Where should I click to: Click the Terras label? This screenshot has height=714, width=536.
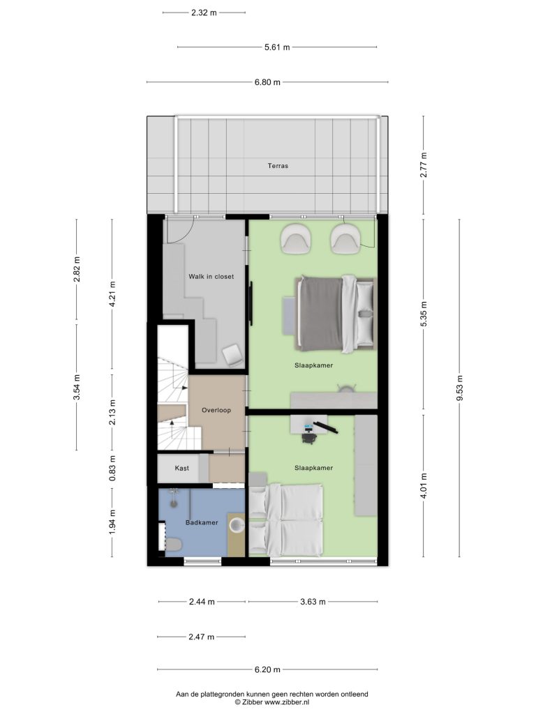tap(278, 166)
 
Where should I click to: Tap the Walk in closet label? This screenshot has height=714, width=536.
tap(211, 276)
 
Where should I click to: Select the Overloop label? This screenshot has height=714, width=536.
tap(216, 410)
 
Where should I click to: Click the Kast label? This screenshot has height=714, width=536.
tap(181, 468)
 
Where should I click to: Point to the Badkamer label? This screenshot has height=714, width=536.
tap(202, 523)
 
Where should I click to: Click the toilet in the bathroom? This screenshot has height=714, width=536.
tap(174, 544)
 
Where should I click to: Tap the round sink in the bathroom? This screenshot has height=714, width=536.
tap(237, 524)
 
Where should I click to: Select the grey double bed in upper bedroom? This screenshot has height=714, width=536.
tap(335, 314)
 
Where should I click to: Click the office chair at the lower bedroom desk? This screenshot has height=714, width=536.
tap(309, 436)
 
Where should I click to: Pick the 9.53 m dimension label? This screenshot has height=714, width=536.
tap(459, 388)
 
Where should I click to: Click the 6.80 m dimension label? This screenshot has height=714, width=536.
tap(267, 82)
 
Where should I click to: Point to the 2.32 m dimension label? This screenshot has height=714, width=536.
tap(204, 13)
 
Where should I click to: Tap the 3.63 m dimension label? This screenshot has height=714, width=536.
tap(313, 602)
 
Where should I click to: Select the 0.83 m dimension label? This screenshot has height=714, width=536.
tap(112, 468)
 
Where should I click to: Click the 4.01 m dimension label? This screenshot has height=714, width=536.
tap(424, 486)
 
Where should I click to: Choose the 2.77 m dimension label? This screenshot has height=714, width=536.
tap(424, 165)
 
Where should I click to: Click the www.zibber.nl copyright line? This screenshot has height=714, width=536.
tap(272, 702)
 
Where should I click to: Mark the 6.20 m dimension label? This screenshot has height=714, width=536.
tap(267, 670)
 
